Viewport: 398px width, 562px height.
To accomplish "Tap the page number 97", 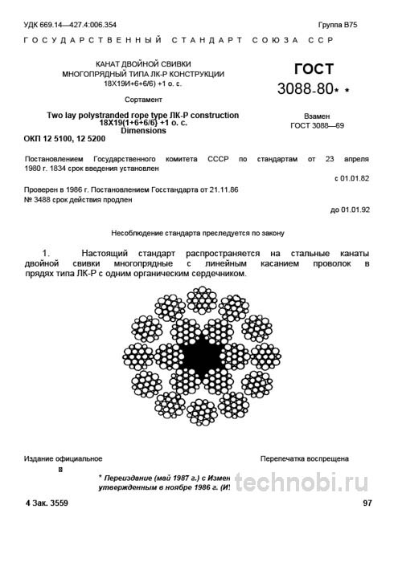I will coord(367,503).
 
